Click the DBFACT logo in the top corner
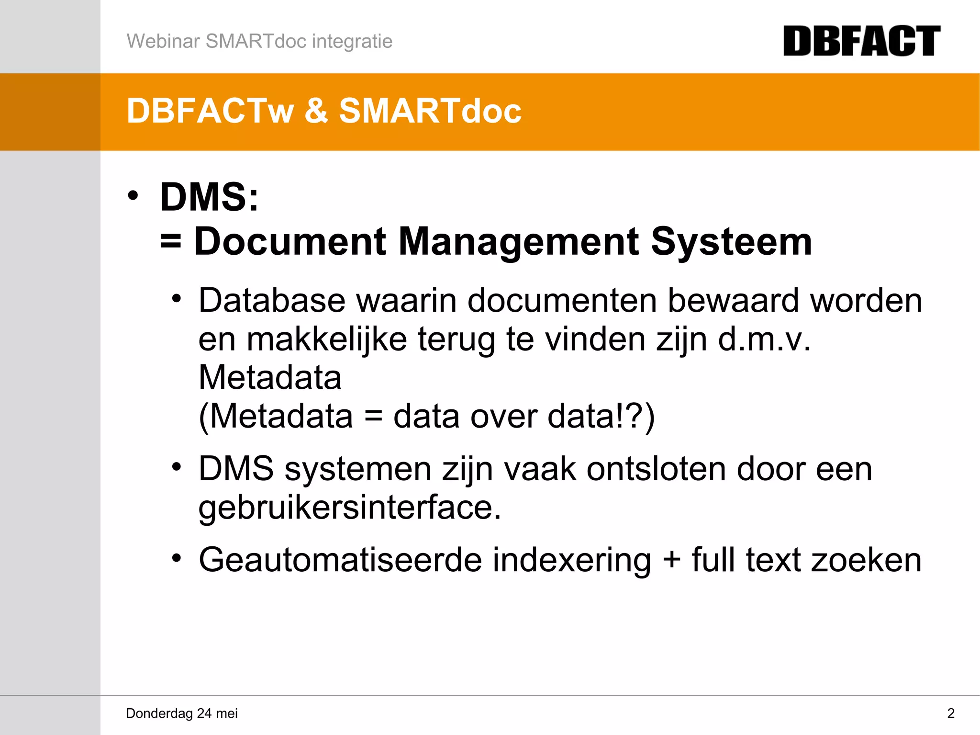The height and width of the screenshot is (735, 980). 861,41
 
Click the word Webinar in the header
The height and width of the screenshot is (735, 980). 163,41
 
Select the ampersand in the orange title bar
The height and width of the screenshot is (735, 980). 316,111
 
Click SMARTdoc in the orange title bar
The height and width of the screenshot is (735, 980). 430,111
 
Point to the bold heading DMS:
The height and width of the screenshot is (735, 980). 209,197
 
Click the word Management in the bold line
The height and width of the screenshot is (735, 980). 518,242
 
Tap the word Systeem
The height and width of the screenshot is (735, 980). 731,242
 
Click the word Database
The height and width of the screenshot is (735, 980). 272,301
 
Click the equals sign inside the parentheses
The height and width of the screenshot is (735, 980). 373,416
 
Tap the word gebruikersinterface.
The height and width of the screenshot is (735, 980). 349,508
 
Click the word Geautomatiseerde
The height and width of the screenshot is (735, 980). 340,560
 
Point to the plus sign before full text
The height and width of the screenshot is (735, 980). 671,560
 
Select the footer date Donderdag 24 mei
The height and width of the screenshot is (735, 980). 182,713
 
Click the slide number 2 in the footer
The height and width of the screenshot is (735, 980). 951,713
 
